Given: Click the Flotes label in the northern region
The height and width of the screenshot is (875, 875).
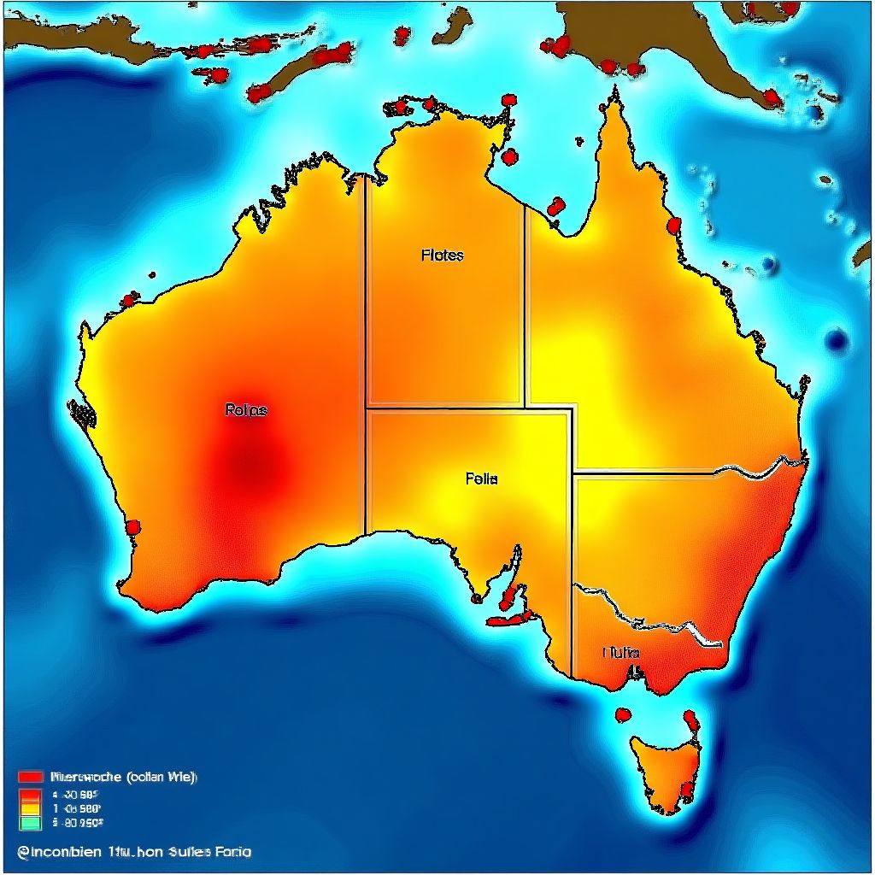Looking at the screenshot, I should point(443,255).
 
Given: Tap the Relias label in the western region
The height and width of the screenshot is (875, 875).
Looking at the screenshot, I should point(246,410).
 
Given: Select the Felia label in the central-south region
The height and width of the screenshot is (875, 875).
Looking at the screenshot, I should point(481,479).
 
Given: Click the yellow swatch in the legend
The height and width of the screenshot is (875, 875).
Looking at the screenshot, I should point(30,807).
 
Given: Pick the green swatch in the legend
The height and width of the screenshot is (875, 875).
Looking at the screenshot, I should point(30,823).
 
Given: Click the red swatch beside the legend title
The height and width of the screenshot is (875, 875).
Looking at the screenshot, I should point(30,777).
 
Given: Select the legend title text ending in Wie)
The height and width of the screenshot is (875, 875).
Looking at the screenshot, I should point(124,777).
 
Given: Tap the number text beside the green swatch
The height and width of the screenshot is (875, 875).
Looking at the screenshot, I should point(78,823).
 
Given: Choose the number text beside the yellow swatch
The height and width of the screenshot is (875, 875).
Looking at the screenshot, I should point(78,807).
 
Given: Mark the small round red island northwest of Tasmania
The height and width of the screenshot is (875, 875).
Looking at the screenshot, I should point(623,714).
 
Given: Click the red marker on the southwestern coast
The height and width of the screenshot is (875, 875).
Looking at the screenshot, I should point(132,526).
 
